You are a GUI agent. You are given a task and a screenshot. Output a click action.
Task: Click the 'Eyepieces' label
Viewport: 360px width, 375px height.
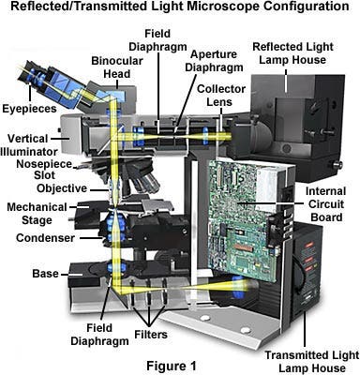[30, 109]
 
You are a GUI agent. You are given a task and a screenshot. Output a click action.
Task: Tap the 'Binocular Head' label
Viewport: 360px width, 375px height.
[117, 67]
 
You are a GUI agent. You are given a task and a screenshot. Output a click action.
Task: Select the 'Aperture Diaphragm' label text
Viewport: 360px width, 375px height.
[214, 61]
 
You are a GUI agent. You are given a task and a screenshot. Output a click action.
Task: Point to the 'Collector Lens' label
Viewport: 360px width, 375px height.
[221, 96]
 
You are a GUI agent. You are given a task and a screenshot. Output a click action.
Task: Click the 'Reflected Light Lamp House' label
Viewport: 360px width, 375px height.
[292, 53]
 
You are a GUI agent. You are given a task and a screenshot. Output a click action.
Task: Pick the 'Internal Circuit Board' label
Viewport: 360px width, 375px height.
[325, 204]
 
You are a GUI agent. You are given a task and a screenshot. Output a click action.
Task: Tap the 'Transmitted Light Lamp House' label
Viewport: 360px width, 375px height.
[312, 361]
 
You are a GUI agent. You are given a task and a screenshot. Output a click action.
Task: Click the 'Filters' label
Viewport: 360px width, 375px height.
[151, 335]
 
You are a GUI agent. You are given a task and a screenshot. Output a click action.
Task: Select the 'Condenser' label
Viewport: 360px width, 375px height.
[45, 238]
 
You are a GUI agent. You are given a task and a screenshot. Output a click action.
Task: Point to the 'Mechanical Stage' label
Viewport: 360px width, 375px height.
[37, 214]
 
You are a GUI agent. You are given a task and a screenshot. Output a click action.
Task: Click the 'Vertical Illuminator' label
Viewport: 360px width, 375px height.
[29, 145]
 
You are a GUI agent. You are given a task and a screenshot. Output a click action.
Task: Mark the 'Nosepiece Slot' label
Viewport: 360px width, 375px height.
[44, 170]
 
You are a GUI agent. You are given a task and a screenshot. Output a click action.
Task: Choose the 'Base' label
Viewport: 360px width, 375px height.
[45, 274]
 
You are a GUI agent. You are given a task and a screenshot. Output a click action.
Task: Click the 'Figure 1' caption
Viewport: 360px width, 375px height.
[172, 366]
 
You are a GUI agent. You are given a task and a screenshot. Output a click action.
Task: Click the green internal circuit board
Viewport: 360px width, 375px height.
[242, 220]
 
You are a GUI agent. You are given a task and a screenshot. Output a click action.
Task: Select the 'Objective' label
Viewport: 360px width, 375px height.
[62, 188]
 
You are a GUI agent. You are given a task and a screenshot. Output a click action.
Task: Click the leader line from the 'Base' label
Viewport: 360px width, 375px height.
[71, 275]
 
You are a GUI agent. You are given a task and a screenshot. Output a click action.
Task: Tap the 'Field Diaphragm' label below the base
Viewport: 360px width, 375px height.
[99, 335]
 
